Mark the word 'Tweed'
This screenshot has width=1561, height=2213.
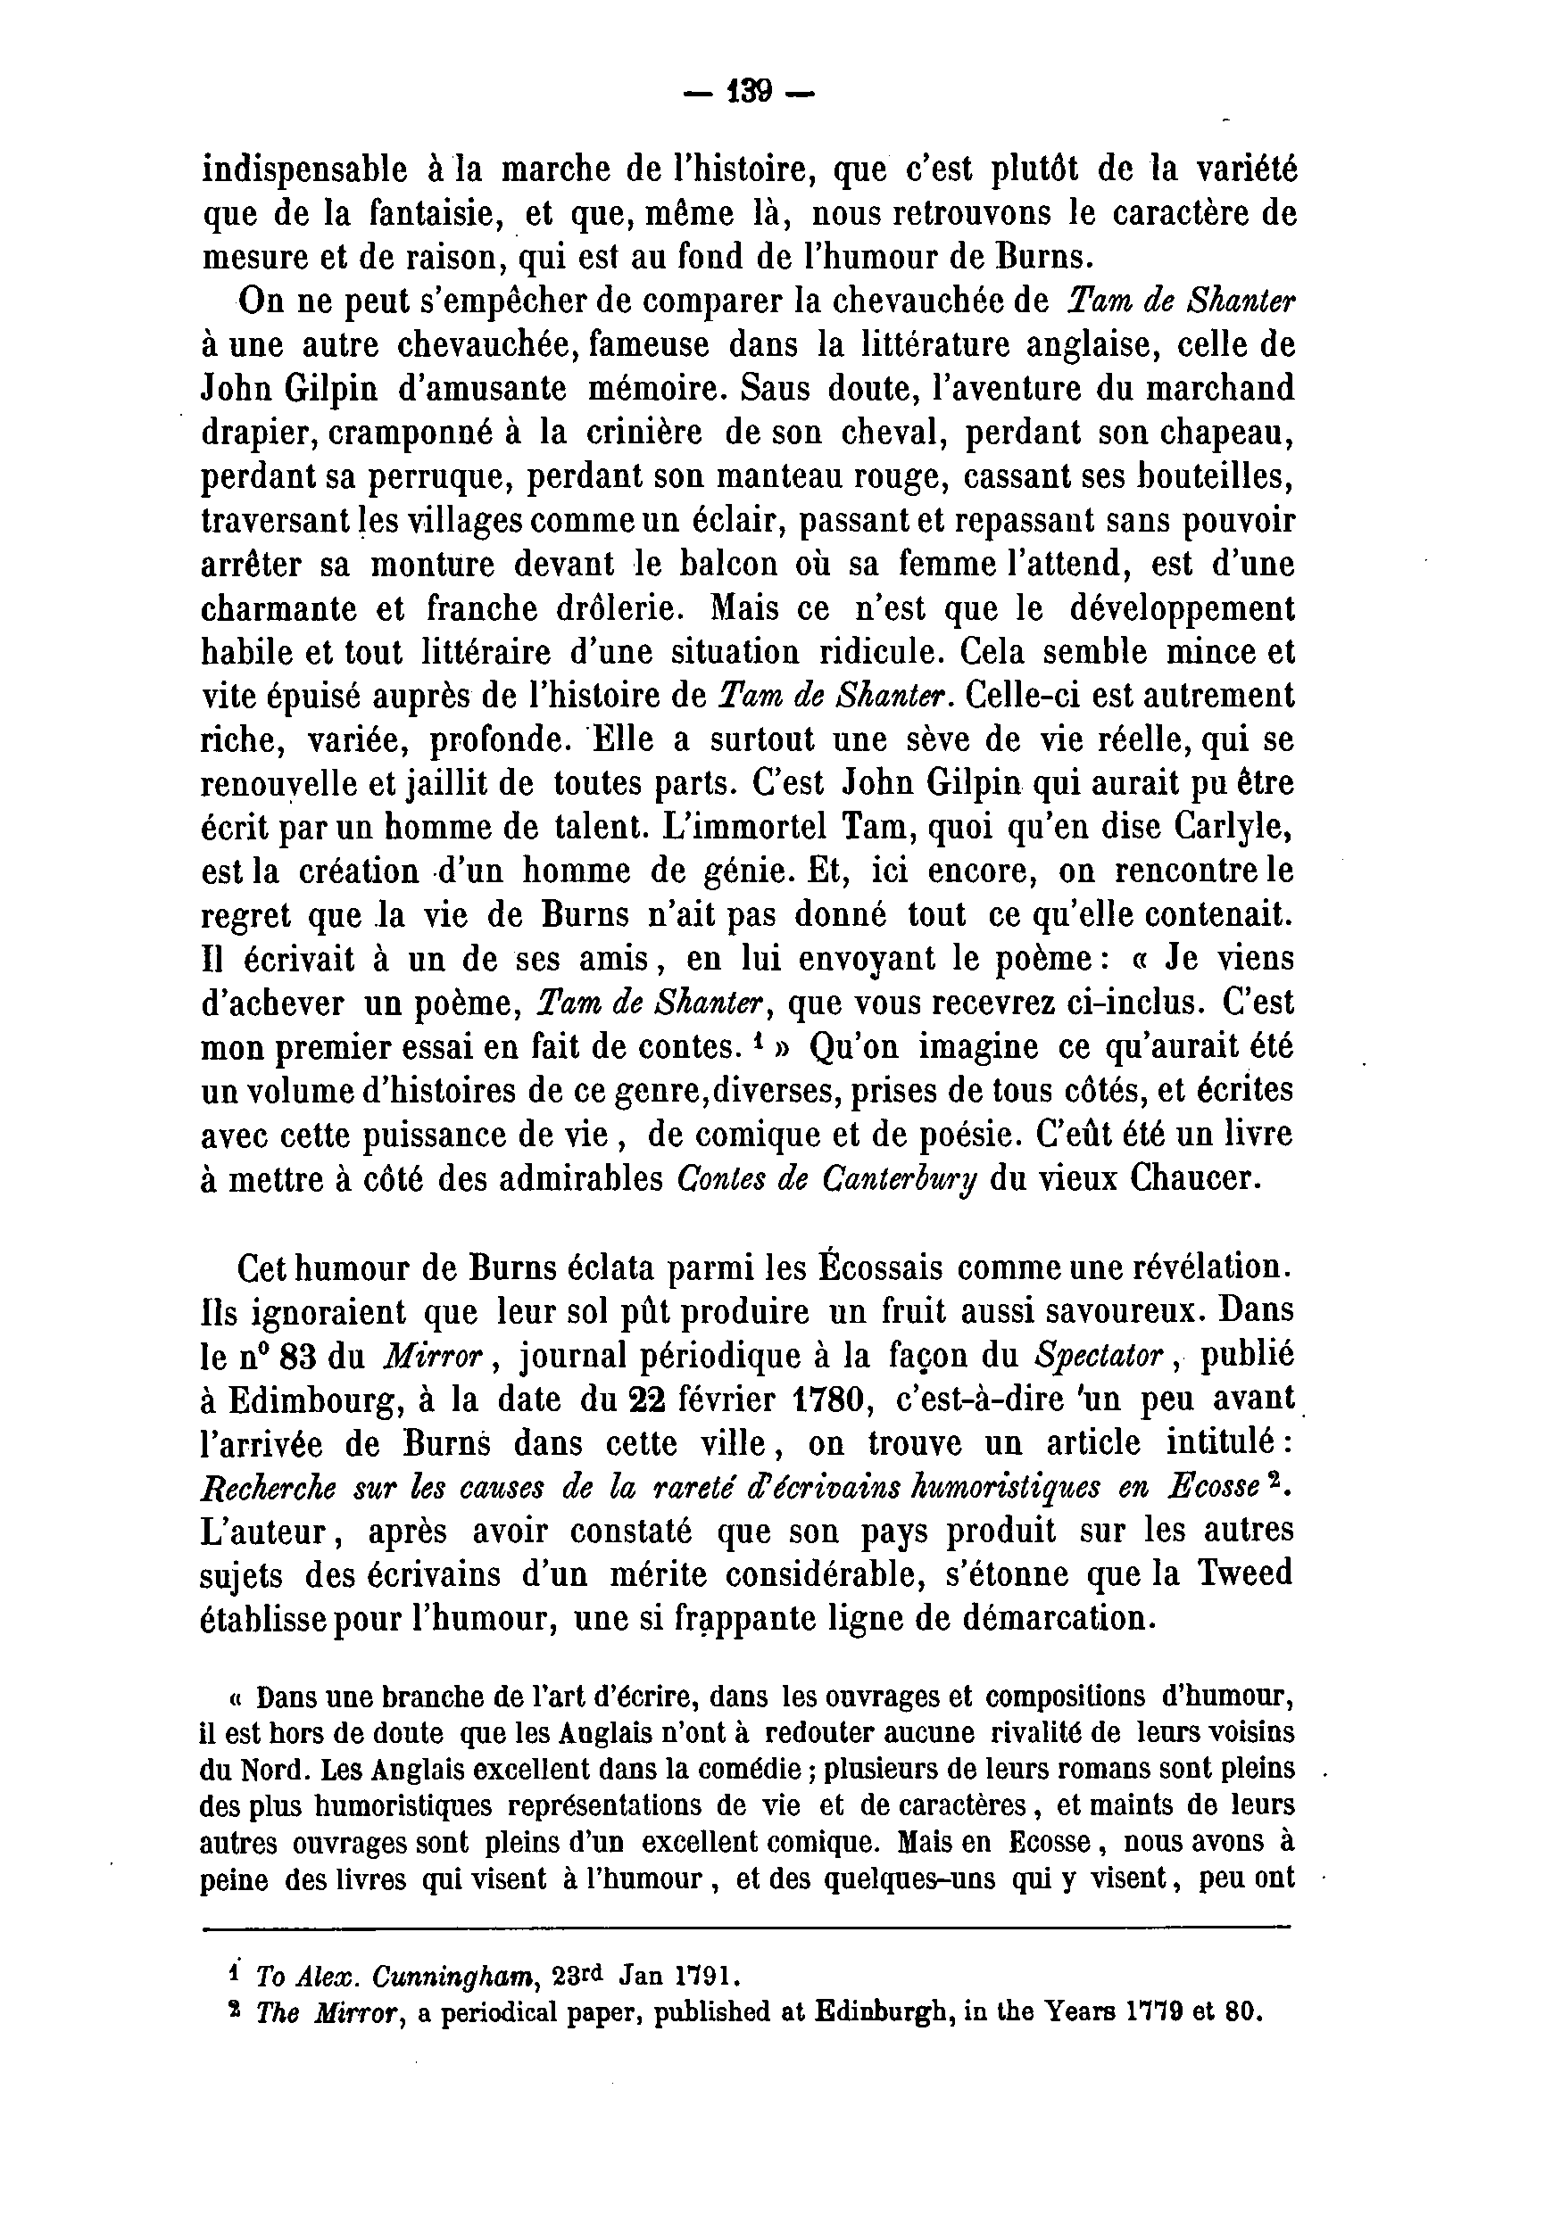(1244, 1575)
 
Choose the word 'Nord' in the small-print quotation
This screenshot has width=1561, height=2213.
(276, 1771)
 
